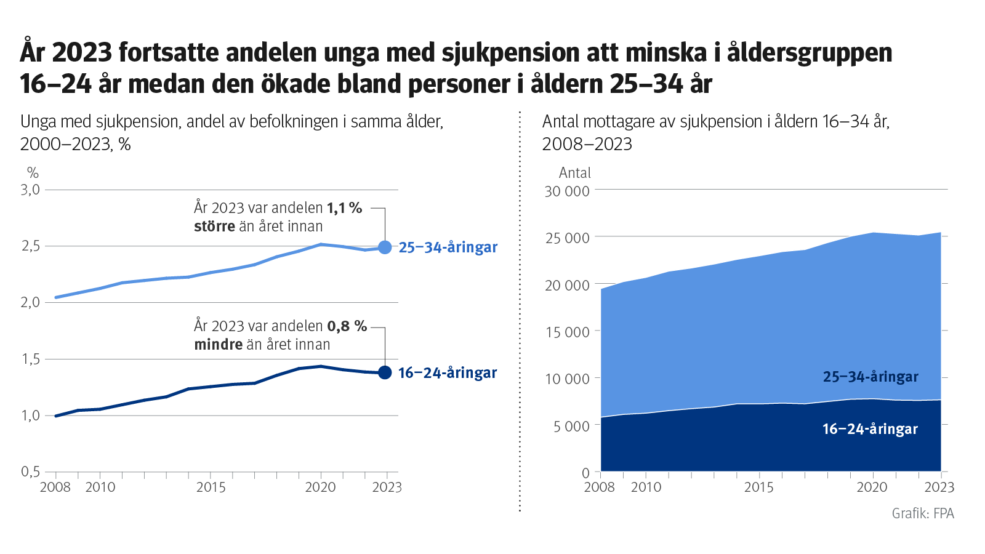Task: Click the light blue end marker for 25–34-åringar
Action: click(385, 247)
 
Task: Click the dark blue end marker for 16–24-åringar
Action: click(385, 372)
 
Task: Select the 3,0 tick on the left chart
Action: click(31, 190)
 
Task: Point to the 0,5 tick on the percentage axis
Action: click(31, 472)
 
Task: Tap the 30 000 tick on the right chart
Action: click(567, 191)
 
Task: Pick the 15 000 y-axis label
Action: click(567, 332)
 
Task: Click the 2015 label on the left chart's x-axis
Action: click(211, 488)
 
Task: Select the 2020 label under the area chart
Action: click(872, 488)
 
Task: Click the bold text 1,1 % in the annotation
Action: click(344, 208)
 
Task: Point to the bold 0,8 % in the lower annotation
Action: click(347, 326)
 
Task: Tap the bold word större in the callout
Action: click(214, 227)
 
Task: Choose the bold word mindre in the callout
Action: click(218, 345)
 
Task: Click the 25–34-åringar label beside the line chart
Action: click(448, 247)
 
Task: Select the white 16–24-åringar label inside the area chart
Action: click(870, 429)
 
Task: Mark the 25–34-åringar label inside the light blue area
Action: click(870, 377)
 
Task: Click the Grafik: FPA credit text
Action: click(922, 513)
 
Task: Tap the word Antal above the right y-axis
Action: click(574, 173)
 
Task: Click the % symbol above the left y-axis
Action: click(33, 173)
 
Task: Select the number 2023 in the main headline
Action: click(82, 52)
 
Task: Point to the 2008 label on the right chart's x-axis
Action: click(599, 488)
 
